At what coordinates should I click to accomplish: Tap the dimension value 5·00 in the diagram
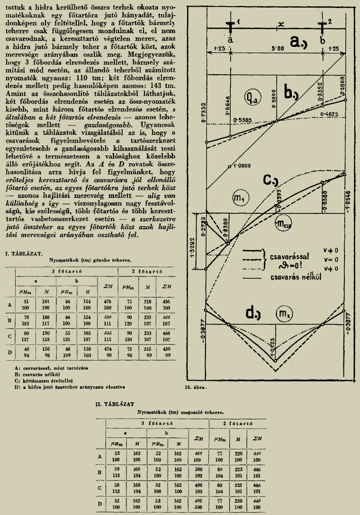pos(278,49)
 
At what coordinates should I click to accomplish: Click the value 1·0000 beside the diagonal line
pos(241,166)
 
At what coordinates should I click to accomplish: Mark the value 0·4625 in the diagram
pos(329,115)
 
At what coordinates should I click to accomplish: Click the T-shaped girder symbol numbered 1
pos(230,27)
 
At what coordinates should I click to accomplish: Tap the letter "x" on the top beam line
pos(281,24)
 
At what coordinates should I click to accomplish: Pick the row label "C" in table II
pos(99,487)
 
